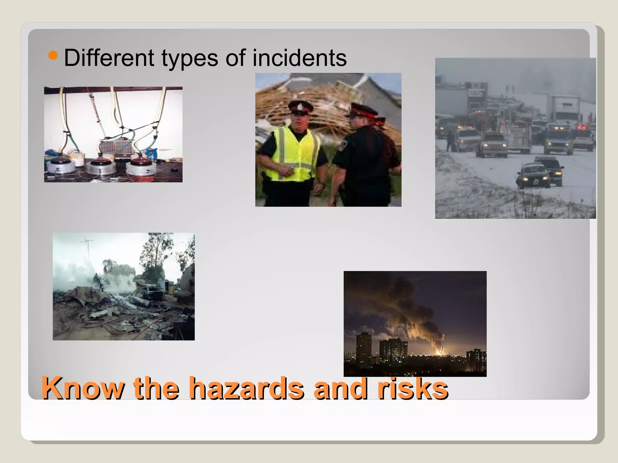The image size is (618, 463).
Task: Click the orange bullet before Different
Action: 53,55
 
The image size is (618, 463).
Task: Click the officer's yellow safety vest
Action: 294,154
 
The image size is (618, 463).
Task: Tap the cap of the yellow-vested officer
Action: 300,107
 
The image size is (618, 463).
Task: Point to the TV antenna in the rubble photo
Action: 87,243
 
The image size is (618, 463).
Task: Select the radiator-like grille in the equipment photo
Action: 115,148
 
